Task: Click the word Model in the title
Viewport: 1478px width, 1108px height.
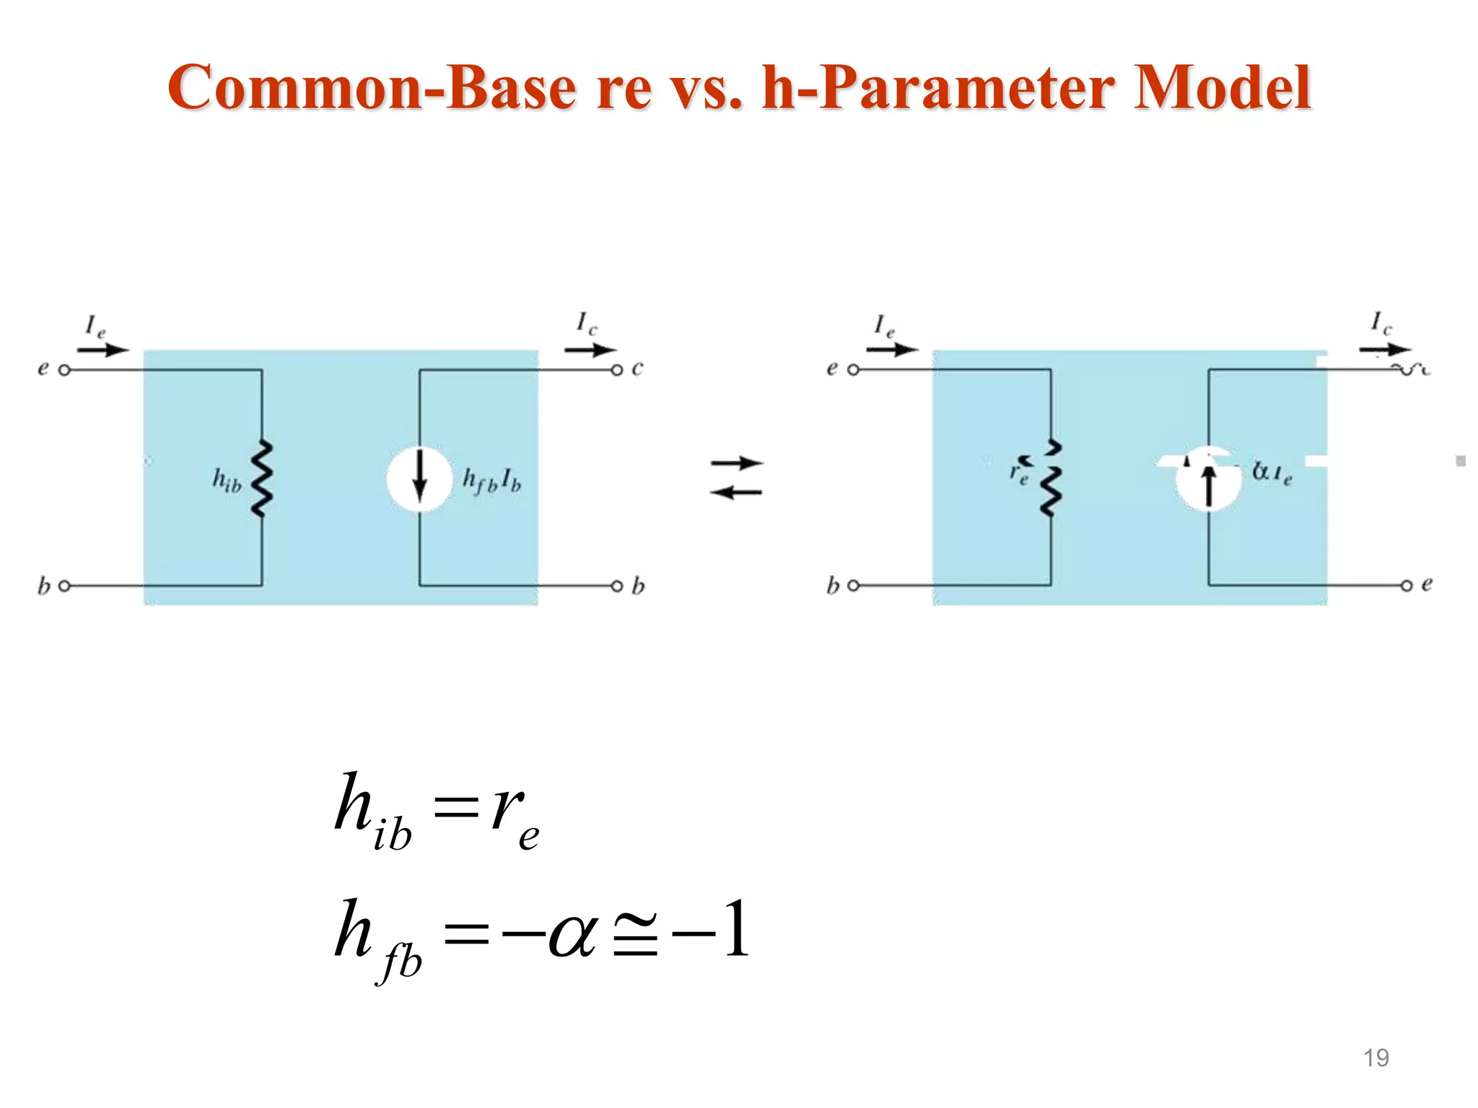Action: point(1222,88)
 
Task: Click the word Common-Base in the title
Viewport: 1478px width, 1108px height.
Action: point(372,88)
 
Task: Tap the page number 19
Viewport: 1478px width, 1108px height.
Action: point(1376,1058)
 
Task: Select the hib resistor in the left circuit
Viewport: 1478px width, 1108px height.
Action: point(261,479)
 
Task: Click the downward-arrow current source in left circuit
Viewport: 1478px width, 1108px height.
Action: point(419,479)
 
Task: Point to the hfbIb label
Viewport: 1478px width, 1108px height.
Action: point(491,480)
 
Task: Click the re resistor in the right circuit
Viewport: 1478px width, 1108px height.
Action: point(1051,479)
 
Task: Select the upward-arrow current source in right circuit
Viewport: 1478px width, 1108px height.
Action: point(1208,479)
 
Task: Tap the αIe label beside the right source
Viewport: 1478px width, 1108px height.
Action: point(1272,473)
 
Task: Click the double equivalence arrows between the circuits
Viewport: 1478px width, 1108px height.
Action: point(736,478)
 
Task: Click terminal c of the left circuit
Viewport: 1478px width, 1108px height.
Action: point(617,370)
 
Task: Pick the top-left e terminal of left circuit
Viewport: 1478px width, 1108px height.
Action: point(64,370)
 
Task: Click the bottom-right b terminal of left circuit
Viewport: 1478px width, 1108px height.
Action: point(617,586)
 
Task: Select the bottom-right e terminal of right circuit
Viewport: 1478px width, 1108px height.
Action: point(1407,586)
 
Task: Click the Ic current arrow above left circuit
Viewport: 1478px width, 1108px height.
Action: point(590,350)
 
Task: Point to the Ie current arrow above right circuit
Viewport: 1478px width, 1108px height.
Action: point(892,350)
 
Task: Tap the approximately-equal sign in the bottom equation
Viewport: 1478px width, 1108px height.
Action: point(635,936)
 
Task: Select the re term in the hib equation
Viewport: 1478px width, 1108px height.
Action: point(515,815)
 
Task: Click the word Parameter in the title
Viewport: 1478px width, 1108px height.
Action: point(966,88)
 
